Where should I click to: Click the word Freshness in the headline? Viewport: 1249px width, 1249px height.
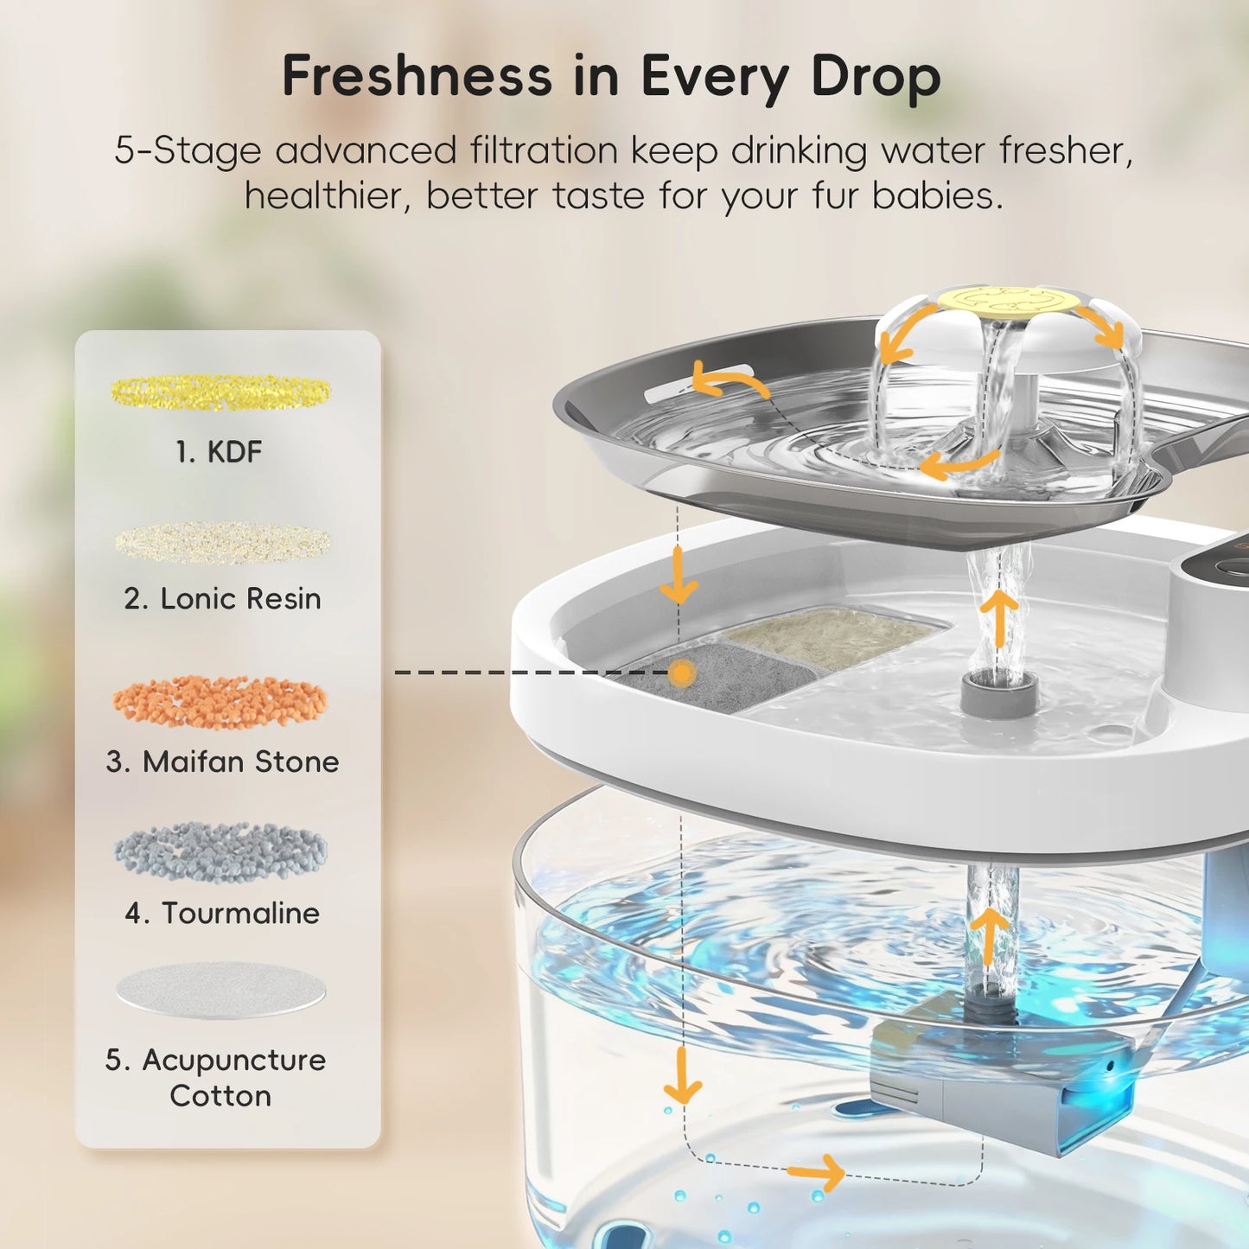pos(417,76)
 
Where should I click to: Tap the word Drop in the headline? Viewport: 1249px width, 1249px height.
pos(876,78)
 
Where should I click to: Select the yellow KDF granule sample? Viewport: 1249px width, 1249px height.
pos(220,392)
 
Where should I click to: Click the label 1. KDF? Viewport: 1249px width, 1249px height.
pos(219,451)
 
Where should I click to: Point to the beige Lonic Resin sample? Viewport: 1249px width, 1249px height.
pos(223,542)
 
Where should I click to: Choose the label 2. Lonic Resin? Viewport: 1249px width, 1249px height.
pos(222,598)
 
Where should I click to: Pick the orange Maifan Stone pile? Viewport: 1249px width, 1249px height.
pos(220,701)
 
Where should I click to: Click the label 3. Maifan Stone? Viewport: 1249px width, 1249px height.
pos(222,762)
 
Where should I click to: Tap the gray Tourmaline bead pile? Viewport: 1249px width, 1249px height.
pos(220,852)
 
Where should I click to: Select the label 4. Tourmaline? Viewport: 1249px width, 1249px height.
pos(222,913)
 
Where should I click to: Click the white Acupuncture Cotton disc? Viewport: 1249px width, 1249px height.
pos(221,990)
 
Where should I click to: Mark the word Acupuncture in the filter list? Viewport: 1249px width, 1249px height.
pos(233,1060)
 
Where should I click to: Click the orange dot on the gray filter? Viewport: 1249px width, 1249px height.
pos(683,672)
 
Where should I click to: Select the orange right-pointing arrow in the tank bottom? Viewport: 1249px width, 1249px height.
pos(818,1173)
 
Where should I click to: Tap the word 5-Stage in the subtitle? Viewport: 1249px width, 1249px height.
pos(188,150)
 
